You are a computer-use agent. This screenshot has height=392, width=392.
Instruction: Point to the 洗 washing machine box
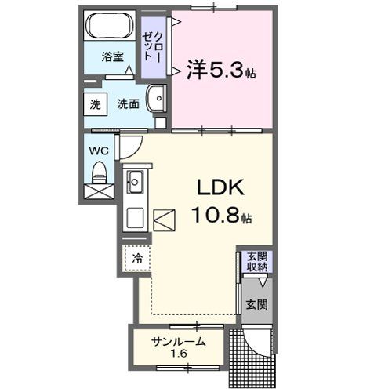point(95,104)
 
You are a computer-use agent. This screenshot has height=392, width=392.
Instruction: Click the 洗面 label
point(129,104)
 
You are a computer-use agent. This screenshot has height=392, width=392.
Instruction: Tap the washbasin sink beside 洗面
point(159,102)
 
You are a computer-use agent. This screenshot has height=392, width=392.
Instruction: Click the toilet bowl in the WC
point(100,172)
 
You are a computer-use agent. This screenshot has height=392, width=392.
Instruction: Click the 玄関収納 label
point(257,262)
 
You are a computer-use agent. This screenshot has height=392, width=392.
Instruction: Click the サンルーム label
point(179,341)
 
